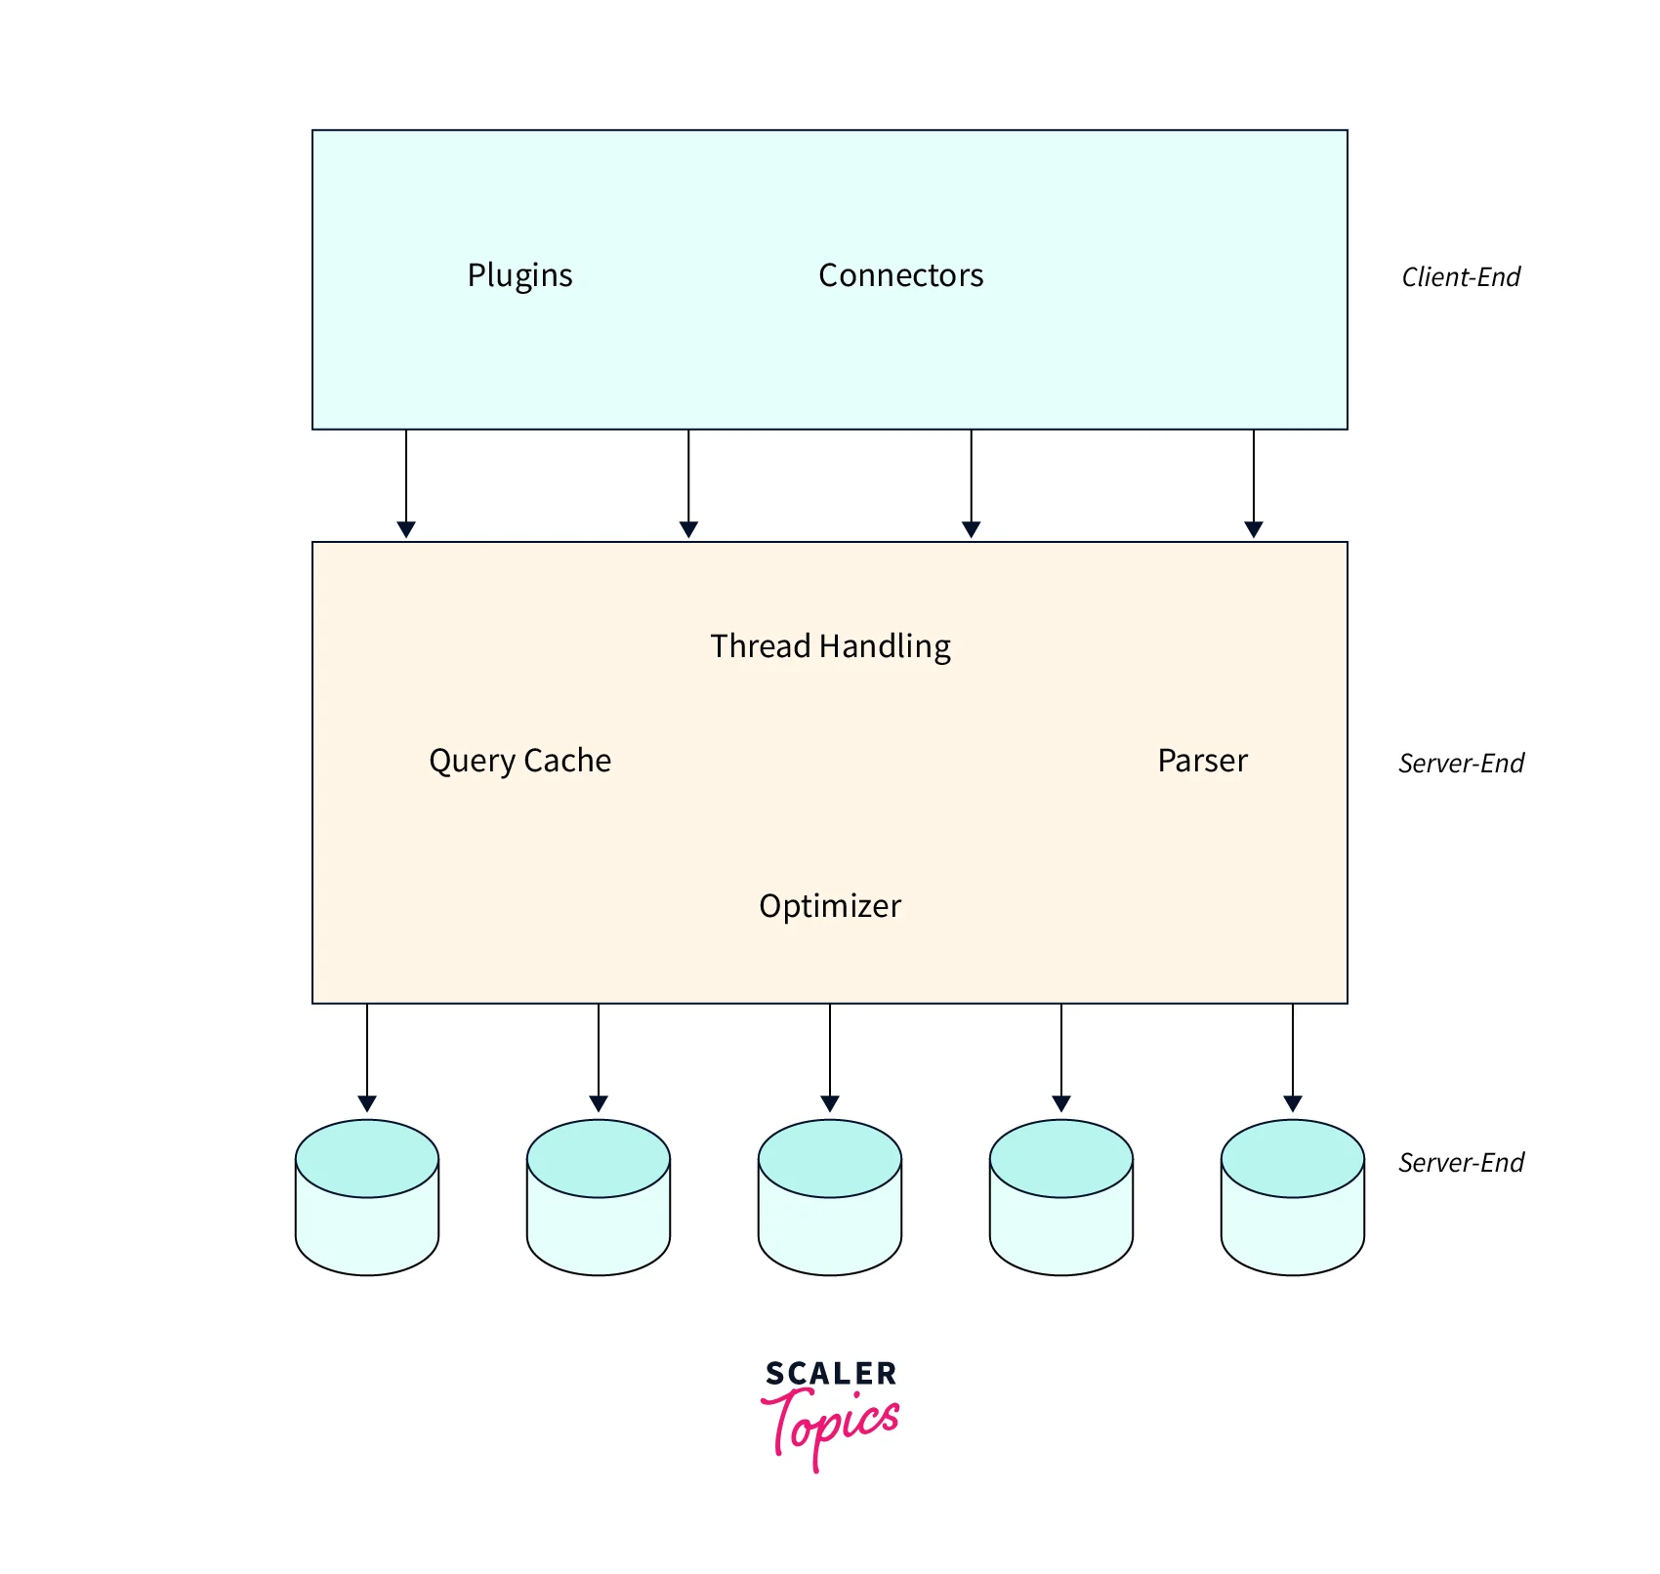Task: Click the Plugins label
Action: click(x=519, y=275)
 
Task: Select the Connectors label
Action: click(x=900, y=275)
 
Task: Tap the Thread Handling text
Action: click(x=830, y=646)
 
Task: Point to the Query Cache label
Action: click(x=519, y=761)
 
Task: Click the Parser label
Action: click(x=1202, y=761)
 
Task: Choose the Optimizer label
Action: click(x=830, y=906)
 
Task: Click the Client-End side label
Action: click(x=1461, y=277)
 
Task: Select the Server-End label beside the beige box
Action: click(x=1461, y=764)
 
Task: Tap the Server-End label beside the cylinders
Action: click(x=1461, y=1163)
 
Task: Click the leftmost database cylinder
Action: click(x=367, y=1197)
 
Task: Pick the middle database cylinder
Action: click(x=830, y=1197)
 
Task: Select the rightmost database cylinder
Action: click(x=1292, y=1197)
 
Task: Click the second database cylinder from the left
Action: click(x=599, y=1197)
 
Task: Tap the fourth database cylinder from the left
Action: click(x=1061, y=1197)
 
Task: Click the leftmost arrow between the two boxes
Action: click(x=406, y=483)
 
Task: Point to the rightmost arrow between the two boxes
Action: click(x=1254, y=483)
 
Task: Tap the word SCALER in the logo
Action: click(x=830, y=1374)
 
